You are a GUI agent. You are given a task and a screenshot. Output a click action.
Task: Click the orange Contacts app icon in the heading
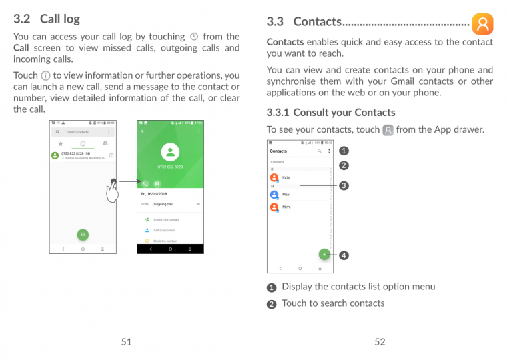tap(482, 24)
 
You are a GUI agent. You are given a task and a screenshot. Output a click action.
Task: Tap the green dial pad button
tap(83, 235)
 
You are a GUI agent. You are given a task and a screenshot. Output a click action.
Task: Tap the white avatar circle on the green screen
tap(170, 153)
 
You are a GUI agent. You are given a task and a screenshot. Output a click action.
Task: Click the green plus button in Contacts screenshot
tap(324, 254)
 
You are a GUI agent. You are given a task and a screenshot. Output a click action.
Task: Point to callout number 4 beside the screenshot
tap(344, 255)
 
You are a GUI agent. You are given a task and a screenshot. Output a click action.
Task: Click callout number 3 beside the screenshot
tap(344, 185)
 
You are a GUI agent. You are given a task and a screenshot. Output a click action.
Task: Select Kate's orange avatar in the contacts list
tap(274, 178)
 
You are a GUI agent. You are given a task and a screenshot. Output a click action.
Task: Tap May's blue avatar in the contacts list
tap(274, 195)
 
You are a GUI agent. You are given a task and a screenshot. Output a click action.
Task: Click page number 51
tap(126, 342)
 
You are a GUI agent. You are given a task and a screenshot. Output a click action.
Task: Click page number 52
tap(380, 342)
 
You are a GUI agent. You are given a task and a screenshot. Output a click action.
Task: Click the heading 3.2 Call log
tap(47, 19)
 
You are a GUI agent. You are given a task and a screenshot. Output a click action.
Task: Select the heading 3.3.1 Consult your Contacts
tap(330, 112)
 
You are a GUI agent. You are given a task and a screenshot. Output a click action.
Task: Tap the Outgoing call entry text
tap(163, 204)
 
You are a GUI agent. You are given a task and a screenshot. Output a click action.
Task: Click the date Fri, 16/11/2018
tap(154, 194)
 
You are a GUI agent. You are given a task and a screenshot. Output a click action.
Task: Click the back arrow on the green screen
tap(142, 131)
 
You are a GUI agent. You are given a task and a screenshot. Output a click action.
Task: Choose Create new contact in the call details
tap(166, 219)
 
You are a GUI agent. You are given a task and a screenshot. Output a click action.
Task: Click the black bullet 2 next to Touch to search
tap(272, 304)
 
